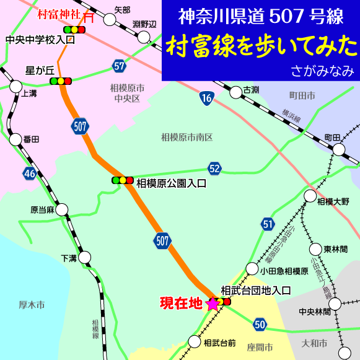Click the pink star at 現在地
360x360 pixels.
(x=213, y=304)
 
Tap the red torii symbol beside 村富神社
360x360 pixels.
(x=89, y=17)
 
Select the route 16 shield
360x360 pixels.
(x=206, y=97)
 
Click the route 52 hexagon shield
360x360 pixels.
(x=214, y=169)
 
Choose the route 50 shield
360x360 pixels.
(x=260, y=324)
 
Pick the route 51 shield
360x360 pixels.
(x=267, y=224)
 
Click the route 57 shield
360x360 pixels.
(x=119, y=66)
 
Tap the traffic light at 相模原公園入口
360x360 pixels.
(x=122, y=180)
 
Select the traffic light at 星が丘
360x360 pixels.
(x=61, y=81)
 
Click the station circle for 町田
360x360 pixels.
(x=339, y=149)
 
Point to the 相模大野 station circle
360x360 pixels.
(x=310, y=196)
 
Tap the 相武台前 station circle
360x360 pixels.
(x=193, y=340)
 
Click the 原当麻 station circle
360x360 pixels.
(x=61, y=209)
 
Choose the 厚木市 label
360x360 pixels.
(x=32, y=305)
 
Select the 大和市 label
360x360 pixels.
(x=313, y=342)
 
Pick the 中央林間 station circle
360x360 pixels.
(x=335, y=304)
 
